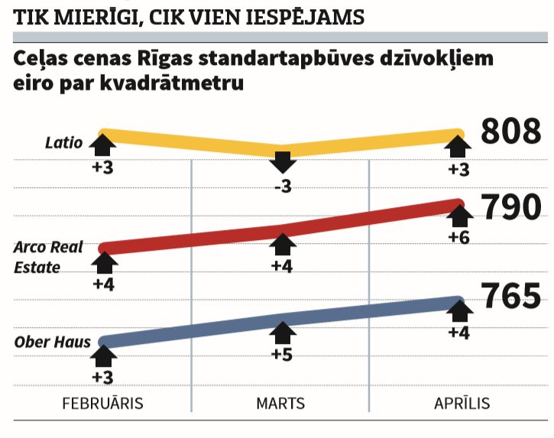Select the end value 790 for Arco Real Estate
[x=510, y=207]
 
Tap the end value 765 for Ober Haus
[x=510, y=297]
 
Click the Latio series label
[x=63, y=142]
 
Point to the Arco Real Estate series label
[x=48, y=257]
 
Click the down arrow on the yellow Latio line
[x=283, y=161]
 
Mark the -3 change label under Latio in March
[x=283, y=186]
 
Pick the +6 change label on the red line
[x=458, y=237]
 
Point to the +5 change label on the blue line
[x=283, y=355]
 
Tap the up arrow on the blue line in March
[x=283, y=333]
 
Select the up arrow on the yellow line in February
[x=103, y=144]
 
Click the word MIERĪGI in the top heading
[x=89, y=15]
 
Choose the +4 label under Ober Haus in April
[x=458, y=333]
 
